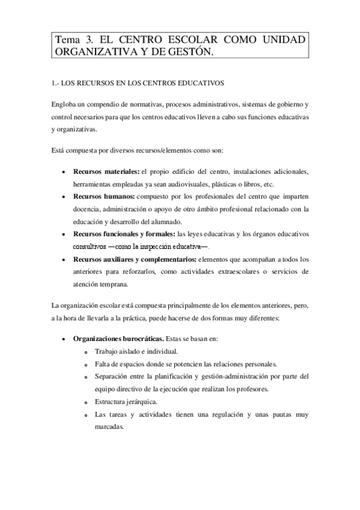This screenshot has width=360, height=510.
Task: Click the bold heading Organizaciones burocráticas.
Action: (112, 339)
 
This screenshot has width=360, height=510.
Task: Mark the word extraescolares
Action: (230, 272)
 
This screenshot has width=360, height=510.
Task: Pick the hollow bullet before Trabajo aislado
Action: (86, 352)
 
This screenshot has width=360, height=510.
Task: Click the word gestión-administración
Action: (233, 376)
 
